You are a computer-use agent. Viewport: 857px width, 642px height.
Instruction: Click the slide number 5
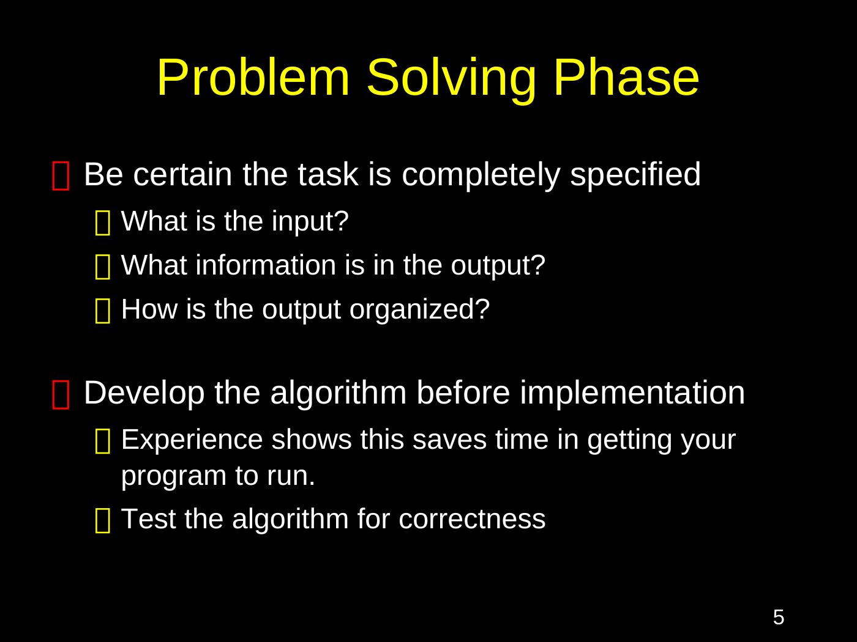[x=779, y=618]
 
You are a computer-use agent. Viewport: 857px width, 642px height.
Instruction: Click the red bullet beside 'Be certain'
[x=61, y=176]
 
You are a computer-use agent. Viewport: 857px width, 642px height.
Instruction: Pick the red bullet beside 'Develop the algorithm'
[x=61, y=394]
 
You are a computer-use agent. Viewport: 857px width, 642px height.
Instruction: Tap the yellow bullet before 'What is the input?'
[x=103, y=223]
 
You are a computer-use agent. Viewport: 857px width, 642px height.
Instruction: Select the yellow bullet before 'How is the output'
[x=103, y=311]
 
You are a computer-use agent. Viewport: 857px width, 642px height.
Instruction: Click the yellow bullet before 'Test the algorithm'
[x=103, y=520]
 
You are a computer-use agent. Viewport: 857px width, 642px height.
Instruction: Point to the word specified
[x=635, y=175]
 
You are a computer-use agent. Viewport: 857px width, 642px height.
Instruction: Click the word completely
[x=481, y=175]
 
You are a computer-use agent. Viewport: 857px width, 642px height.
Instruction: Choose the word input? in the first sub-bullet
[x=310, y=223]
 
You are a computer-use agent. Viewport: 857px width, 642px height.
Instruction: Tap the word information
[x=266, y=265]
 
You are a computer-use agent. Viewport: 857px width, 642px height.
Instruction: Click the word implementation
[x=632, y=394]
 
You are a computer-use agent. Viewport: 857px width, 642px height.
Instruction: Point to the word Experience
[x=192, y=440]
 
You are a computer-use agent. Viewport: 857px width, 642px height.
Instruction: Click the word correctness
[x=471, y=520]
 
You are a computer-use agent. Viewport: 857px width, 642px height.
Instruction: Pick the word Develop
[x=144, y=394]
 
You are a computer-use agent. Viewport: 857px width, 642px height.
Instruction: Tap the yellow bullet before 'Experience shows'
[x=103, y=441]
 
